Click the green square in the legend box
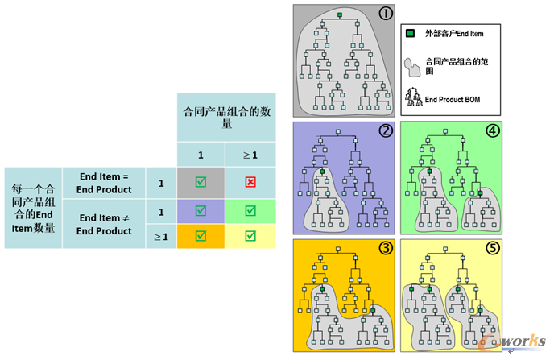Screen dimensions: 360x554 411,34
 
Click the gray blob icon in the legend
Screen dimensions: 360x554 411,64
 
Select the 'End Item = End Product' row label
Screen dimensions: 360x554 104,182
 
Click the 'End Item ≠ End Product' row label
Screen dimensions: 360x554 104,224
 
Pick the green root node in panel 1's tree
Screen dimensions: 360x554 341,15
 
